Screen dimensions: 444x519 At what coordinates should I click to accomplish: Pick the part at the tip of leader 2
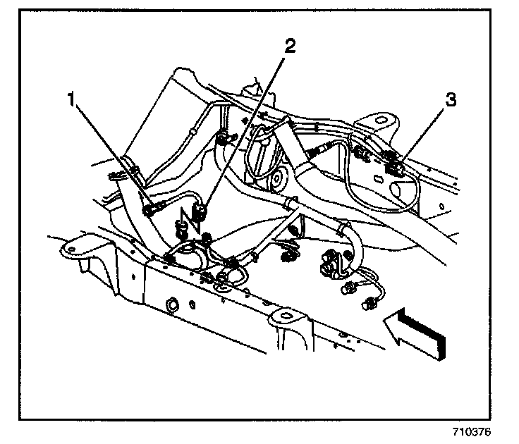pyautogui.click(x=200, y=209)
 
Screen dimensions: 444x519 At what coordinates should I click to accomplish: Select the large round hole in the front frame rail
pyautogui.click(x=171, y=305)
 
